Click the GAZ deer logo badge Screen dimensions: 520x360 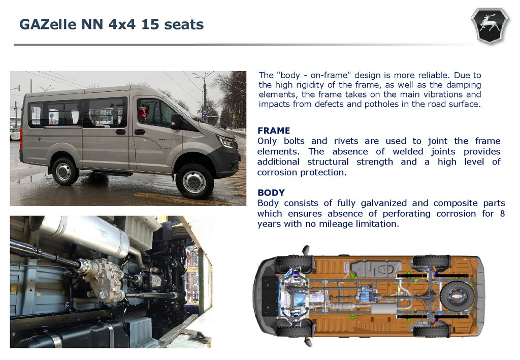490,25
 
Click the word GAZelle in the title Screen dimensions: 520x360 48,24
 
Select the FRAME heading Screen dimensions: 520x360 274,130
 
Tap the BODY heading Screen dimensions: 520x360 271,193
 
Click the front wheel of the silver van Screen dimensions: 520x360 194,181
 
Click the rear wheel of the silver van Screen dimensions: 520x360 64,171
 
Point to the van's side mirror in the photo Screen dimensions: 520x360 176,121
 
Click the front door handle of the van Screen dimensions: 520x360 140,132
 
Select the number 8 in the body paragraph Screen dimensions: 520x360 502,213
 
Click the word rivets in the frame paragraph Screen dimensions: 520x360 346,141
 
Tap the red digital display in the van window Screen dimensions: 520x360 143,112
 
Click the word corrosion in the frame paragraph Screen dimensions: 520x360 277,173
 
